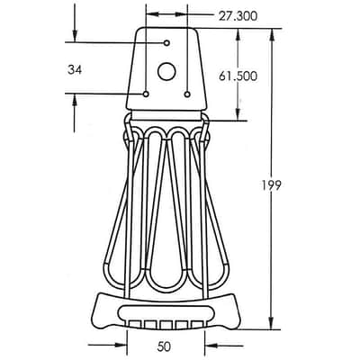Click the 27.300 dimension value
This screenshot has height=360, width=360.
pyautogui.click(x=238, y=16)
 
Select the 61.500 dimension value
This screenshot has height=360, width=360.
pyautogui.click(x=238, y=76)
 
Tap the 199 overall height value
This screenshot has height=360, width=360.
pyautogui.click(x=271, y=185)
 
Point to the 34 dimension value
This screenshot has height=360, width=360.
pyautogui.click(x=75, y=70)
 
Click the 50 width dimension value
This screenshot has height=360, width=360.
pyautogui.click(x=164, y=346)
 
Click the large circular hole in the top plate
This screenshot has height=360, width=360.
pyautogui.click(x=166, y=71)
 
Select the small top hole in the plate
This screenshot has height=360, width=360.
pyautogui.click(x=166, y=43)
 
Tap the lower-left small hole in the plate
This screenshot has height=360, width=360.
pyautogui.click(x=146, y=94)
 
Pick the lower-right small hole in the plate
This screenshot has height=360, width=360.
pyautogui.click(x=187, y=94)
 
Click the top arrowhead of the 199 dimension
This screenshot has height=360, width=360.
pyautogui.click(x=272, y=34)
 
